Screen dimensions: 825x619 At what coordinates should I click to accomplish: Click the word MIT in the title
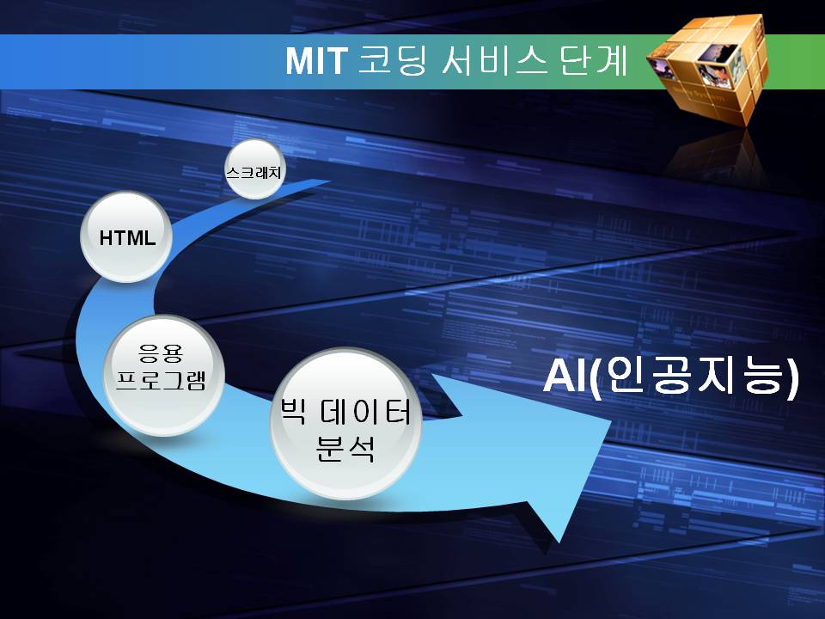pos(316,61)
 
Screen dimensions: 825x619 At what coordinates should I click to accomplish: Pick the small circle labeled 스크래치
pos(255,169)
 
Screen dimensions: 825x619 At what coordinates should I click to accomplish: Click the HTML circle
pos(126,237)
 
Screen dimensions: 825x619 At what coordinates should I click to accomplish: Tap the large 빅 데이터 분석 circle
pos(345,424)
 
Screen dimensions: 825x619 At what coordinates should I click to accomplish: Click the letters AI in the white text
pos(565,376)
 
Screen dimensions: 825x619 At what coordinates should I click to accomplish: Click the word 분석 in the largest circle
pos(345,449)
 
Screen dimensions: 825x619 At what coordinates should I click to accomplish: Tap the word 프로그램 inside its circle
pos(161,378)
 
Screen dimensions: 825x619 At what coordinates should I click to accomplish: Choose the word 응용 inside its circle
pos(161,352)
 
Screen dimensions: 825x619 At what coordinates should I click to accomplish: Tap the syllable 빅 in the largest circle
pos(292,411)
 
